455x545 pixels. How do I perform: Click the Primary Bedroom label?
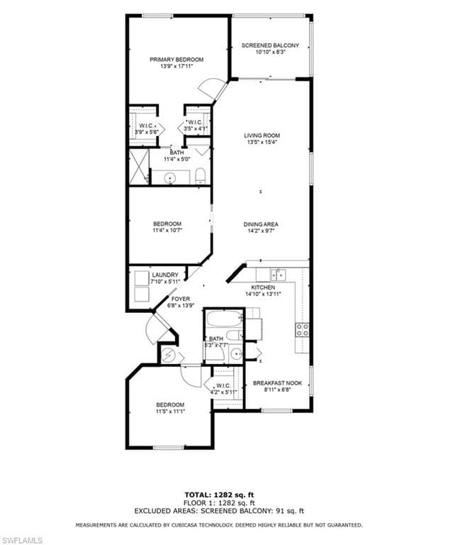[x=176, y=60]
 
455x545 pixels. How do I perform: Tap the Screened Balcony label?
[x=270, y=45]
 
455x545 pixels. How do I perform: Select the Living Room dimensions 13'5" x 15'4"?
[x=262, y=142]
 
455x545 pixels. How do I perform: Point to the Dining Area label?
[x=261, y=224]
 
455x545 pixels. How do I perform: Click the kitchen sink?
[x=278, y=275]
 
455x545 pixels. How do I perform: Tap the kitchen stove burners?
[x=302, y=330]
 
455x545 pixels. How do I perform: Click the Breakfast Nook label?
[x=277, y=383]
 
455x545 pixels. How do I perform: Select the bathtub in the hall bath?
[x=224, y=319]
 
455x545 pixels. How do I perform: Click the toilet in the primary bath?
[x=201, y=175]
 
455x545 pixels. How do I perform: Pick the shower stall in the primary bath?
[x=139, y=167]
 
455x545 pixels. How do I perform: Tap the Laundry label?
[x=165, y=275]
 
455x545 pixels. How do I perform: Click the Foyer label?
[x=181, y=299]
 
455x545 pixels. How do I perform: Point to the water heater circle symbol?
[x=169, y=356]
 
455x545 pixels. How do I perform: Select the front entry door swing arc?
[x=149, y=330]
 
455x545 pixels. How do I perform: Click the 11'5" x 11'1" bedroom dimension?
[x=170, y=411]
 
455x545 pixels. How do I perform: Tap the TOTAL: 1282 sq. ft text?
[x=219, y=495]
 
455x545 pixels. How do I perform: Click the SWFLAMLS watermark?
[x=21, y=540]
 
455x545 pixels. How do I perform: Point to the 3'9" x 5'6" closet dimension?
[x=147, y=132]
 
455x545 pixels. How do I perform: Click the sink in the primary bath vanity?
[x=170, y=177]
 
